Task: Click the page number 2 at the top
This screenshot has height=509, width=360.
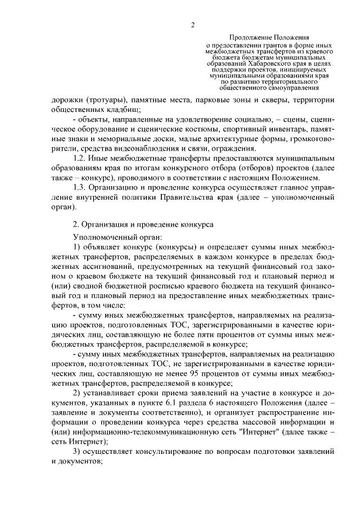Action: [x=192, y=25]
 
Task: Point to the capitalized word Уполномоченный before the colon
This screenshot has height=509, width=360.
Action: [x=102, y=237]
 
